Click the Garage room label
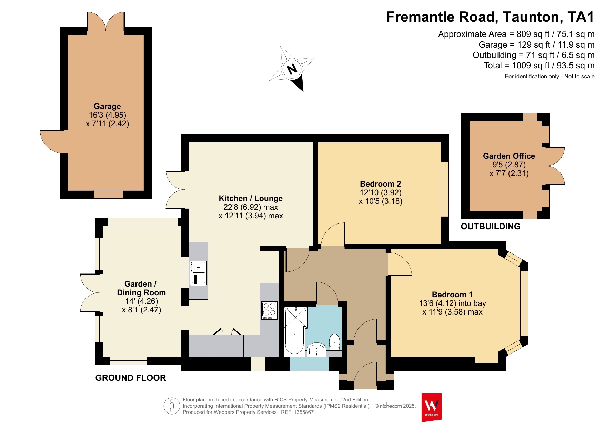coord(107,106)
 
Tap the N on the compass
coord(292,69)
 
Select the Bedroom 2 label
coord(381,184)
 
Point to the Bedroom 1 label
coord(452,295)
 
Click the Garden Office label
coord(509,156)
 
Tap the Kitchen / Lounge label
coord(251,198)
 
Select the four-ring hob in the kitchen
coord(269,310)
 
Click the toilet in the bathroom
coord(334,341)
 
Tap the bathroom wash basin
coord(317,349)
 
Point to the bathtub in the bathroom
coord(294,331)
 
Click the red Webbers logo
coord(432,407)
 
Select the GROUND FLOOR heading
coord(131,378)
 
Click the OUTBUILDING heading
coord(491,226)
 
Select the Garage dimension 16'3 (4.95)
coord(108,115)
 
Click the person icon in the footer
coord(172,406)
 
